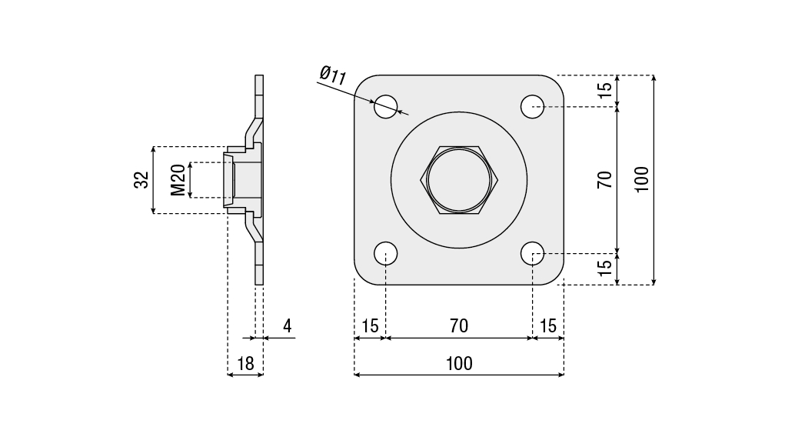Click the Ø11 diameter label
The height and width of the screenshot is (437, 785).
(334, 75)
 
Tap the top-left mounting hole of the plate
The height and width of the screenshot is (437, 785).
(386, 106)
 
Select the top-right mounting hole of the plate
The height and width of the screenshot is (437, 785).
(533, 106)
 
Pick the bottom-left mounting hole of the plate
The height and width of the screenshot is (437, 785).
(386, 253)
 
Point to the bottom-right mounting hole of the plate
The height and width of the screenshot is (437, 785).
(533, 253)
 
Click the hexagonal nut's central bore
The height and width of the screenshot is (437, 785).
(459, 179)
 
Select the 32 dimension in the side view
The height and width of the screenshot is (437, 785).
(141, 180)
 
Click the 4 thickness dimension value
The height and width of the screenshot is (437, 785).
(287, 326)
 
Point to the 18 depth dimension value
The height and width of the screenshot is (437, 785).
(245, 364)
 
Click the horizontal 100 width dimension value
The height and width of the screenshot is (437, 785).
(459, 364)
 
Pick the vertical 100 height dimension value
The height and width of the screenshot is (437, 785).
(642, 179)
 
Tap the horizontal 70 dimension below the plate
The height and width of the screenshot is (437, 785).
(458, 326)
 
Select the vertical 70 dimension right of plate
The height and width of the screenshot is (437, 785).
(605, 179)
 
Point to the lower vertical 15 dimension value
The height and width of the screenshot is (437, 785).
(605, 268)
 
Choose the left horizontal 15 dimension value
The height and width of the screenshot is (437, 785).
(370, 326)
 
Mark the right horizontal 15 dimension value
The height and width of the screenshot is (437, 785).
(548, 326)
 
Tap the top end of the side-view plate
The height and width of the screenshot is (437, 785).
(259, 78)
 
